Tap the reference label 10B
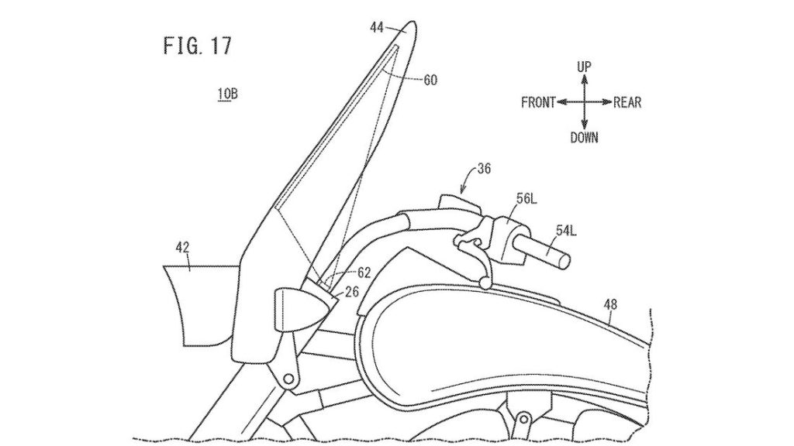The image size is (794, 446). (x=227, y=95)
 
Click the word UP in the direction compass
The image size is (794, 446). (x=585, y=68)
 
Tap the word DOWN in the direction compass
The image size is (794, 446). (x=585, y=138)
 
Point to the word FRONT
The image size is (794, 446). (x=539, y=102)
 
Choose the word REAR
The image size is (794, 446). (x=627, y=102)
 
